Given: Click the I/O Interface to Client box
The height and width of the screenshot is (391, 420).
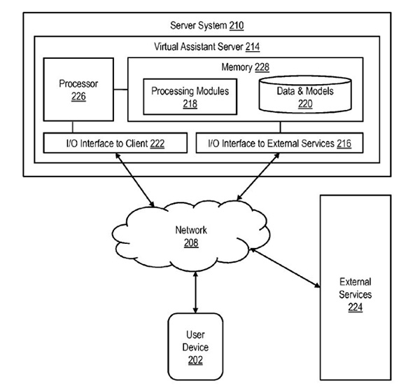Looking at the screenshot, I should [116, 144].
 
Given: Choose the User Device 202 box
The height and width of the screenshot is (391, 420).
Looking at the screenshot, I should [195, 346].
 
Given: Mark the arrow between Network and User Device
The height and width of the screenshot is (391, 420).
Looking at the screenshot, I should [195, 290].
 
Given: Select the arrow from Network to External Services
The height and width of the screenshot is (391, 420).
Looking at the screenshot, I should [283, 266].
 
